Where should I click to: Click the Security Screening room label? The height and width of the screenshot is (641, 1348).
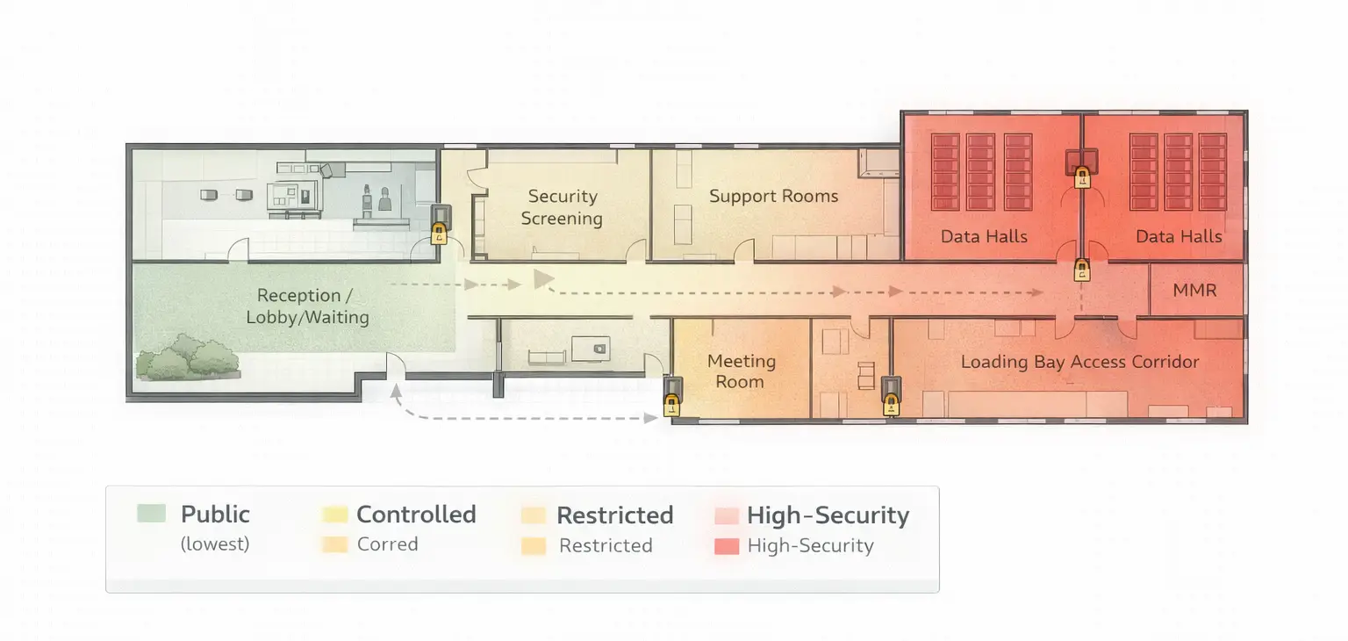[562, 207]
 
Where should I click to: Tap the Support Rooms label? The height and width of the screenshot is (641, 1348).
[773, 196]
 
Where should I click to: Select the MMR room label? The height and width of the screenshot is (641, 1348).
[1194, 290]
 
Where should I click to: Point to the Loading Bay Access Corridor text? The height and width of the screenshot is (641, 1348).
[1079, 362]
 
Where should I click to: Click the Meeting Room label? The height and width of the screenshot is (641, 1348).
[741, 371]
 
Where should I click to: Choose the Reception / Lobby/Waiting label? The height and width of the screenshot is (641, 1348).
[307, 306]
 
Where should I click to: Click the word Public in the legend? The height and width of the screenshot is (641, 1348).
[215, 515]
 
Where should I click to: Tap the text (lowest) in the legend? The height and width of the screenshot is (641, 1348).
[215, 544]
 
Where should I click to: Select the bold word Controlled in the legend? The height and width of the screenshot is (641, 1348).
[416, 515]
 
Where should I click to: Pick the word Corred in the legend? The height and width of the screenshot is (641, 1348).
[387, 544]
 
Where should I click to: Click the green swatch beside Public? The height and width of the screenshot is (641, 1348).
[151, 514]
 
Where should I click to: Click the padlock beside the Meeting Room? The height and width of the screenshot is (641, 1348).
[671, 404]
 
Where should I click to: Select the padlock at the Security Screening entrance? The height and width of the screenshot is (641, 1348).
[439, 234]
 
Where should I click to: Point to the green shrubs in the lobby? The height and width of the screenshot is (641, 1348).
[190, 358]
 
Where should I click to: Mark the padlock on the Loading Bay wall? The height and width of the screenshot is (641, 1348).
[891, 404]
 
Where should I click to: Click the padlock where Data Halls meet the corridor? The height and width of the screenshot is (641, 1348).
[1082, 270]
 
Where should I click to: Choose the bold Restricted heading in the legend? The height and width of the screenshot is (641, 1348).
[614, 515]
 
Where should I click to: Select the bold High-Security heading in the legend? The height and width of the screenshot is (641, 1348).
[828, 515]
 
